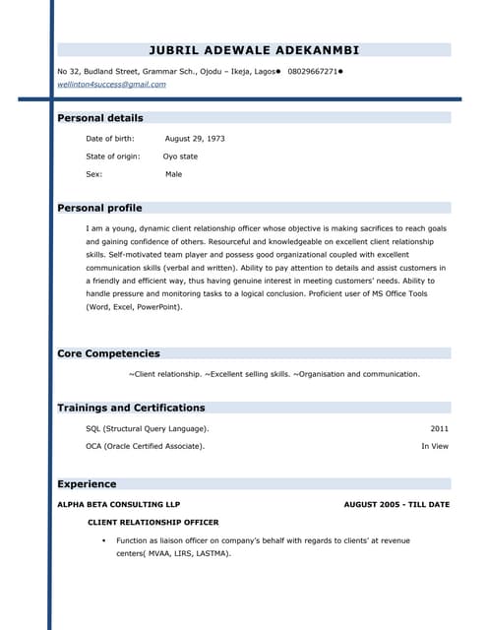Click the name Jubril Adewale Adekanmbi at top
point(254,49)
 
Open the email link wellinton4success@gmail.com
point(111,85)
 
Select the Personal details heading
point(100,118)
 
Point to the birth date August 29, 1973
point(195,139)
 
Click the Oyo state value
point(180,157)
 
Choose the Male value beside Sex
point(173,174)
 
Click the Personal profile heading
point(99,209)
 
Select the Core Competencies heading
point(108,353)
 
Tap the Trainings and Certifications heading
point(131,408)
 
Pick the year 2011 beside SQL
point(439,429)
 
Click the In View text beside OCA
point(435,447)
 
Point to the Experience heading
point(87,484)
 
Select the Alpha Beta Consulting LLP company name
point(119,505)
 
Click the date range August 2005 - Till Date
point(396,505)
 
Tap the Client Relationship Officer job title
point(153,523)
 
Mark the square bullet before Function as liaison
point(103,541)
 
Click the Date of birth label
point(110,139)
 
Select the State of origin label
point(113,157)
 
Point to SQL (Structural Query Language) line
point(148,429)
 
